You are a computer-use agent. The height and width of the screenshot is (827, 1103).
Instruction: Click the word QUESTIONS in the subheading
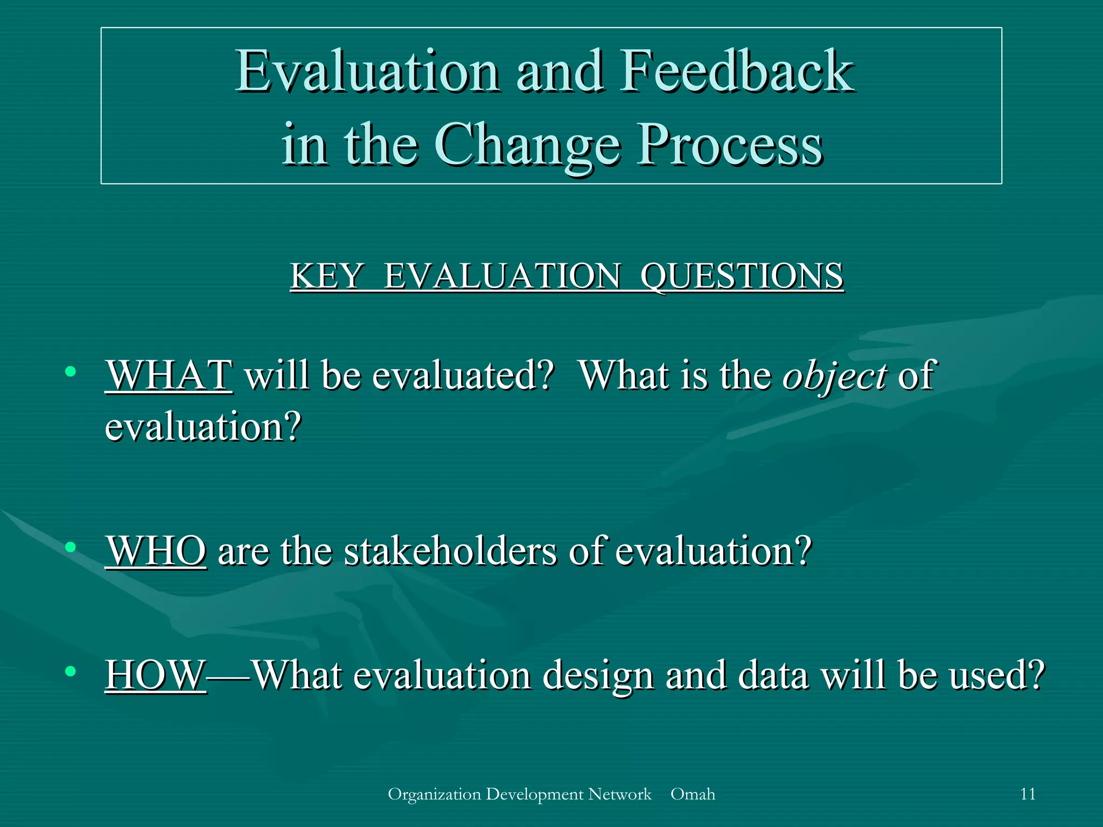point(742,276)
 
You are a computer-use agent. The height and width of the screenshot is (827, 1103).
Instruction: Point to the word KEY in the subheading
point(326,276)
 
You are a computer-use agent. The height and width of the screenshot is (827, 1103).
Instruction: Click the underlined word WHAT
point(169,375)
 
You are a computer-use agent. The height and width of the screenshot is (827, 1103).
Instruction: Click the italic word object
point(834,376)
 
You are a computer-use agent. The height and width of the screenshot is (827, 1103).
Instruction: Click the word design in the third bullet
point(597,675)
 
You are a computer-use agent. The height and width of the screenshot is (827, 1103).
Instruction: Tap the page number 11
point(1028,794)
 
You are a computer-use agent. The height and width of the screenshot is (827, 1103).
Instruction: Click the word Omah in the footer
point(693,794)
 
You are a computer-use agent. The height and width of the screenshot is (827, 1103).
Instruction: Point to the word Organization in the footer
point(434,794)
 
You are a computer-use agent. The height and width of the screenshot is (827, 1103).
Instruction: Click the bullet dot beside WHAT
point(70,372)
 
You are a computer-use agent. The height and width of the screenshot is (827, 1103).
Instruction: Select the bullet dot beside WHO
point(70,548)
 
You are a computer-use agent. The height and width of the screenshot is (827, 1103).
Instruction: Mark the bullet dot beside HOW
point(70,671)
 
